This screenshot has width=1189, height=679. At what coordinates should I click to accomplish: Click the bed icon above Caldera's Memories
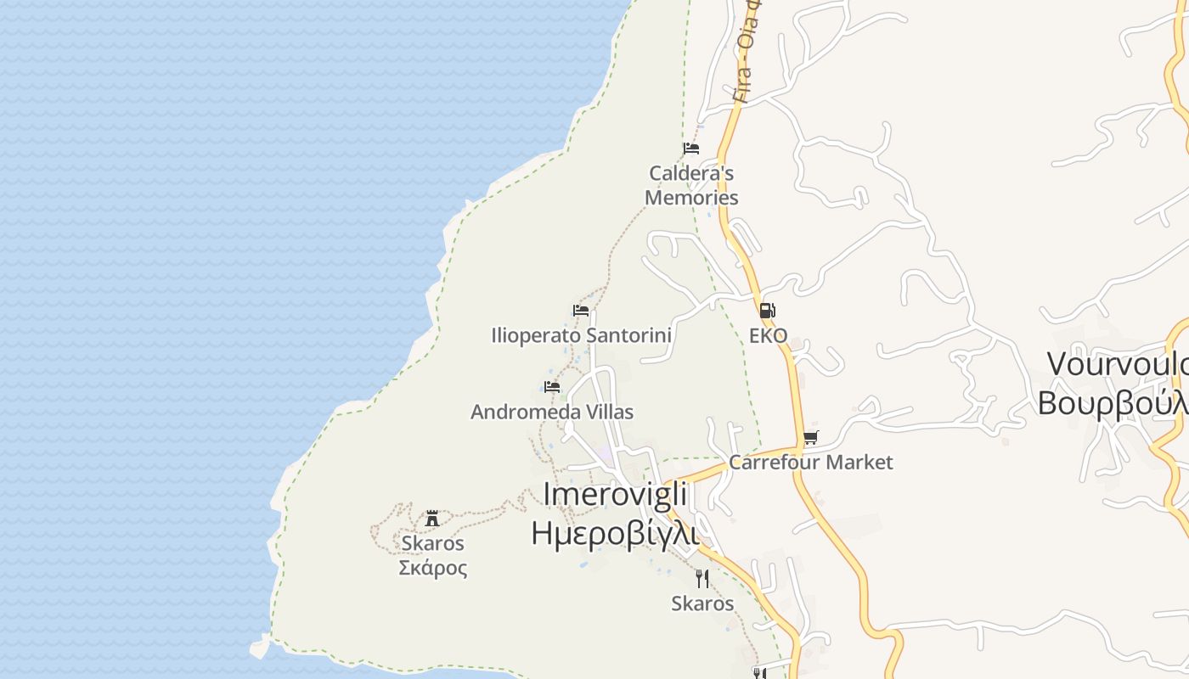(x=691, y=149)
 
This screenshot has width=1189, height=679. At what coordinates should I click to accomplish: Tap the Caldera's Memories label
(x=691, y=185)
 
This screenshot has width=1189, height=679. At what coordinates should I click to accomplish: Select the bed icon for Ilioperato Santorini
(x=581, y=311)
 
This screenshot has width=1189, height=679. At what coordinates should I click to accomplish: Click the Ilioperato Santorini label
(x=581, y=335)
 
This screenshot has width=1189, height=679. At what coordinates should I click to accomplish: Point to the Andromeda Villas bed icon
(x=552, y=387)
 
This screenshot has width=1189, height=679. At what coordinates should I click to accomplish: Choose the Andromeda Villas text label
(x=552, y=412)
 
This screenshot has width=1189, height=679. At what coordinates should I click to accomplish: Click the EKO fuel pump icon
(x=767, y=311)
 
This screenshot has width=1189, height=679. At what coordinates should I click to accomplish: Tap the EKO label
(x=768, y=336)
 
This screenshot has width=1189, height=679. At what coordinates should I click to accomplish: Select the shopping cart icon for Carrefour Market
(x=810, y=438)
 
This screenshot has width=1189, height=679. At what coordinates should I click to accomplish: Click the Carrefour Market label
(x=810, y=463)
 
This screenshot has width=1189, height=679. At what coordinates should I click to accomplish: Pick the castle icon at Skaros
(x=432, y=518)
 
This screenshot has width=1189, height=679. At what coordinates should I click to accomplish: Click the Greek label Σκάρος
(x=433, y=568)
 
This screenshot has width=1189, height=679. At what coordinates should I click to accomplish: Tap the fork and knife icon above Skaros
(x=702, y=579)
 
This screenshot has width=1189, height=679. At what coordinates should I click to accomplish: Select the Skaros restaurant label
(x=702, y=603)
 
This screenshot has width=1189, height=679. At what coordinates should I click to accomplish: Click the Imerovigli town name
(x=615, y=494)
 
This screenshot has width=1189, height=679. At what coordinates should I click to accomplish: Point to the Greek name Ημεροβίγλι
(x=615, y=533)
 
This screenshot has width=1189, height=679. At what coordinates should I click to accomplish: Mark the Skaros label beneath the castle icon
(x=433, y=543)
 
